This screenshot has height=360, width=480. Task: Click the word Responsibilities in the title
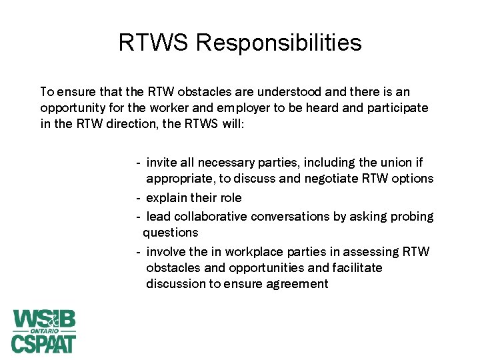[x=279, y=43]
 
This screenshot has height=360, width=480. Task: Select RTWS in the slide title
[x=154, y=43]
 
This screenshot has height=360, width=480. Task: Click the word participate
[x=396, y=107]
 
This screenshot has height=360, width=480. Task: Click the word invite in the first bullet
[x=161, y=163]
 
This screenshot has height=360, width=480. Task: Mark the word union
[x=377, y=163]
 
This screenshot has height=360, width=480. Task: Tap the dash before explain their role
[x=137, y=198]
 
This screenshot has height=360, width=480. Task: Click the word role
[x=229, y=198]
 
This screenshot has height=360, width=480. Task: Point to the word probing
[x=413, y=217]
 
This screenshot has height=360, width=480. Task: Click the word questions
[x=171, y=233]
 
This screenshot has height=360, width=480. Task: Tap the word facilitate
[x=358, y=267]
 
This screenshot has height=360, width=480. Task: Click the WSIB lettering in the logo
[x=44, y=319]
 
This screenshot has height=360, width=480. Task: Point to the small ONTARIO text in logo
[x=44, y=331]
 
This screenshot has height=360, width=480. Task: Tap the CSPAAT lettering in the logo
[x=44, y=343]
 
